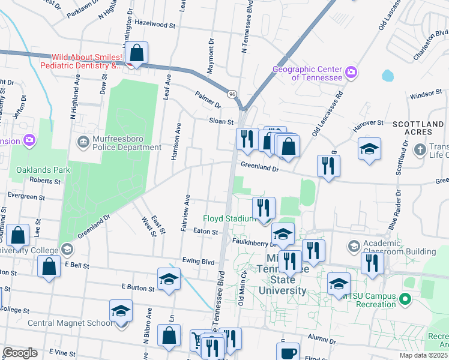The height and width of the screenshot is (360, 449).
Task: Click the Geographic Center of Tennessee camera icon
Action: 351,73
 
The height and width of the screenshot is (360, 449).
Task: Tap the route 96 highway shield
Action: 232,94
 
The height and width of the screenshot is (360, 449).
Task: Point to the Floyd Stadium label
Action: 230,218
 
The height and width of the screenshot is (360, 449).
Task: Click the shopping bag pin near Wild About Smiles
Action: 137,53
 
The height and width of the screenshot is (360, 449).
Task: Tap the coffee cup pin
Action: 289,352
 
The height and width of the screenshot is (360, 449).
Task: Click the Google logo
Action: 20,353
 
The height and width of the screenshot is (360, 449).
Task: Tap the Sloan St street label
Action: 221,121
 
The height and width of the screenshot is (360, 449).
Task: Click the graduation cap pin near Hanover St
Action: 369,149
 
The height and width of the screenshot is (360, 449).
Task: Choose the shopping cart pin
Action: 198,340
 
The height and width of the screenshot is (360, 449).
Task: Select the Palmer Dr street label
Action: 208,96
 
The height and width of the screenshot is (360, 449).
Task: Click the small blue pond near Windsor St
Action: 387,76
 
